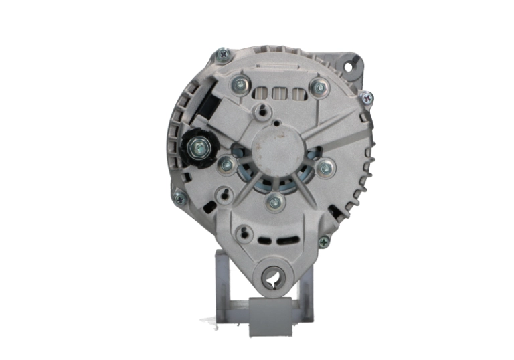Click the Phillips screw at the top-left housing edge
click(222, 53)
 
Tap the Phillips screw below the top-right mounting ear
click(367, 98)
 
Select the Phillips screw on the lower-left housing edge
click(179, 197)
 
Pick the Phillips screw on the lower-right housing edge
click(324, 242)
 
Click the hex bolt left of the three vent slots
click(239, 84)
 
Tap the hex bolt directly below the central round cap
click(273, 201)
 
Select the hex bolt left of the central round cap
click(227, 165)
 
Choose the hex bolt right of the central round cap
click(325, 167)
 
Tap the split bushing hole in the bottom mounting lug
click(272, 277)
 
